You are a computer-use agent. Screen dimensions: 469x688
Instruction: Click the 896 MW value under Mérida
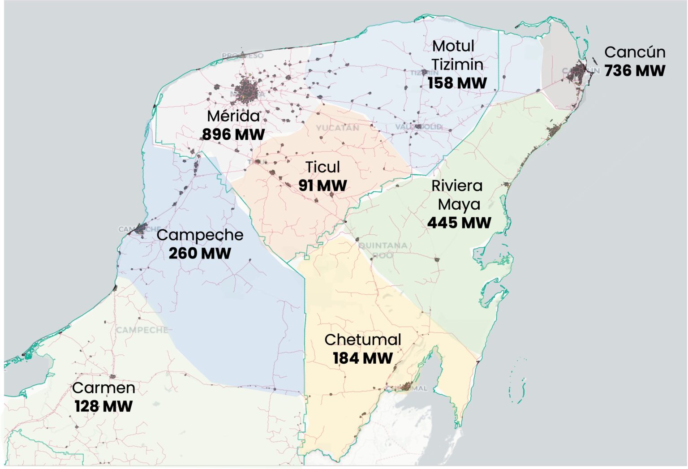click(x=233, y=134)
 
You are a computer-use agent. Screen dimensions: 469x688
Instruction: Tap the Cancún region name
click(x=635, y=52)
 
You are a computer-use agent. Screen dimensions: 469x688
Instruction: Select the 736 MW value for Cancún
click(x=635, y=71)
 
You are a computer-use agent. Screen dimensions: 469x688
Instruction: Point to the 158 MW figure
click(x=457, y=83)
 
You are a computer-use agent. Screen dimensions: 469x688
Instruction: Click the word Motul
click(x=453, y=46)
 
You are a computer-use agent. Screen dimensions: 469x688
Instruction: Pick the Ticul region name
click(x=322, y=167)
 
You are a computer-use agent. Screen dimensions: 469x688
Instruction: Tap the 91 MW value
click(x=322, y=185)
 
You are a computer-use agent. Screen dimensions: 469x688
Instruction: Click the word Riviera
click(x=457, y=186)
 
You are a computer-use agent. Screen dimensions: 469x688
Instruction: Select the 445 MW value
click(x=459, y=223)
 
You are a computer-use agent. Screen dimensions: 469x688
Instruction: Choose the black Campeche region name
click(x=200, y=235)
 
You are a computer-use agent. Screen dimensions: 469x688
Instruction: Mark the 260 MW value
click(x=200, y=254)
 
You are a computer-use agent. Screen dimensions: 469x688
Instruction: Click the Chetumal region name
click(x=363, y=340)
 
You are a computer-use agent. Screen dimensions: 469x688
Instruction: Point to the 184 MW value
click(x=363, y=358)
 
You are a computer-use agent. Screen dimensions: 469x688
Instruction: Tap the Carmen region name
click(x=103, y=388)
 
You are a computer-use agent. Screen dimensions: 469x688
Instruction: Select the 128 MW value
click(x=103, y=407)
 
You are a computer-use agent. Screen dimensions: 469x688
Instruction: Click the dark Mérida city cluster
click(x=247, y=90)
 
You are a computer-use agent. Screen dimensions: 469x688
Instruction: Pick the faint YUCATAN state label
click(x=337, y=128)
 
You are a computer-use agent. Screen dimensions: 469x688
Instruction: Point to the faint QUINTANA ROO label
click(x=383, y=250)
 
